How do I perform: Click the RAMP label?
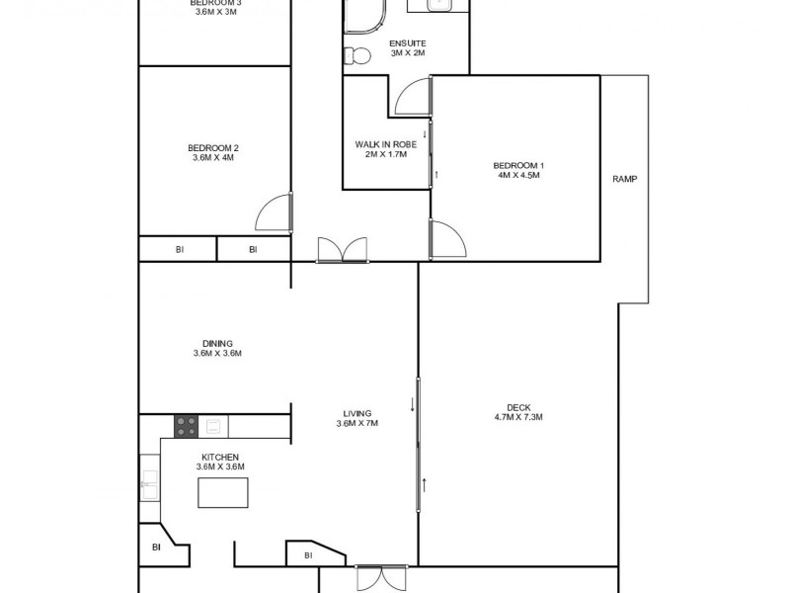624,179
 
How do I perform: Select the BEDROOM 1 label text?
518,164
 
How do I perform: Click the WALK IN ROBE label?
386,144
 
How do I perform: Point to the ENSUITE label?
407,44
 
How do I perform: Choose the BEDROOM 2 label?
215,147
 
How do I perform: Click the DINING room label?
215,343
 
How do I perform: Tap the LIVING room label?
356,412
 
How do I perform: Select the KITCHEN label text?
219,457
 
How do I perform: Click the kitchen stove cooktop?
187,426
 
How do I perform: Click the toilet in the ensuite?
355,56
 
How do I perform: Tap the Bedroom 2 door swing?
276,214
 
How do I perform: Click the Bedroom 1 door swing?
445,240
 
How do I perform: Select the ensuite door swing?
413,98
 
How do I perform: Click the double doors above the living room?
342,250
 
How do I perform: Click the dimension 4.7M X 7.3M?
518,417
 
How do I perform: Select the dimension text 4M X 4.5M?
518,175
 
